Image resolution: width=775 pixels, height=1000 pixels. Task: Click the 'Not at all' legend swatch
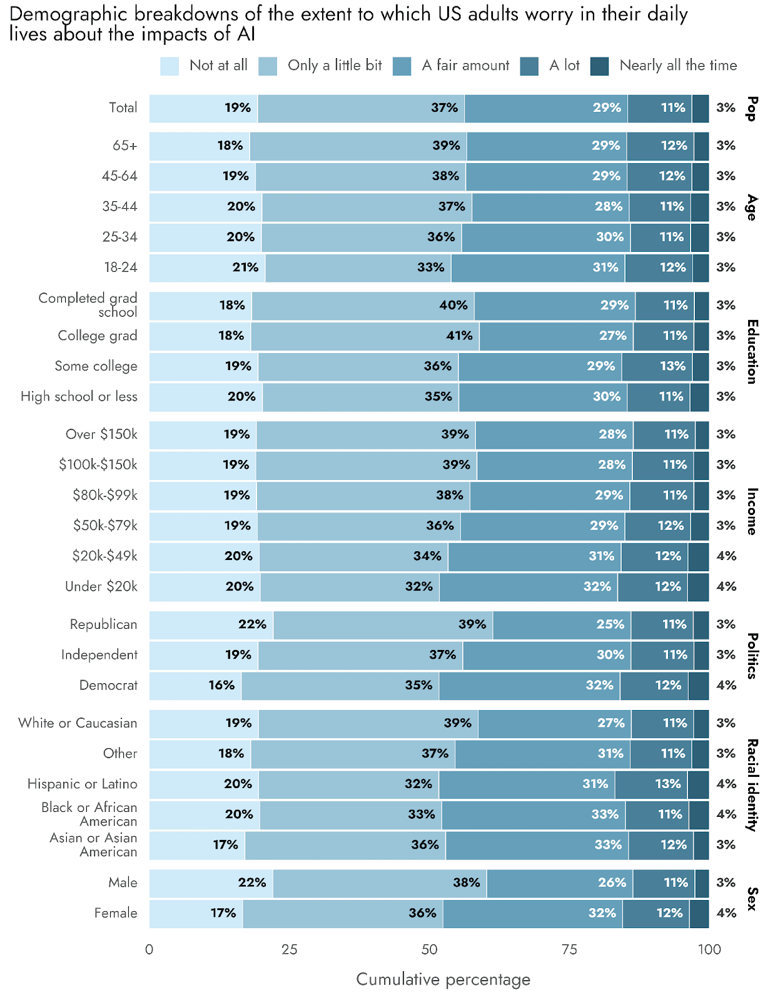click(170, 66)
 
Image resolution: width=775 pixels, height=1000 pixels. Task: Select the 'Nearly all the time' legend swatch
click(599, 66)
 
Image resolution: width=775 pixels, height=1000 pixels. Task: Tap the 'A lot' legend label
click(564, 65)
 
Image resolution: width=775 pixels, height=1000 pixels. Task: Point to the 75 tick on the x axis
click(569, 949)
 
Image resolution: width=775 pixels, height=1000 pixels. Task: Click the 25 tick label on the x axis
click(289, 949)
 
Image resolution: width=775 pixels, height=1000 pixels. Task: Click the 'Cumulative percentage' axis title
click(443, 979)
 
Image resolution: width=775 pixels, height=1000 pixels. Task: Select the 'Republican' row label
click(103, 624)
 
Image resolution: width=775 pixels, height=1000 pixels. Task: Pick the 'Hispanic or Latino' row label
click(82, 784)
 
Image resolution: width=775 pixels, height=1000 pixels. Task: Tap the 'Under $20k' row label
click(101, 586)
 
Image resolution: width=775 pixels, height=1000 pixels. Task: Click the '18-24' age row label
click(121, 267)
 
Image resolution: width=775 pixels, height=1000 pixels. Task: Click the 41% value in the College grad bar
click(459, 336)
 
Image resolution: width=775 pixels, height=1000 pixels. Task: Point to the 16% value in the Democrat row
click(221, 685)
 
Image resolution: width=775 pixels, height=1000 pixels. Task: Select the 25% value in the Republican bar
click(610, 624)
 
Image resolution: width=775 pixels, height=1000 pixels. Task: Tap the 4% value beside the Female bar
click(726, 913)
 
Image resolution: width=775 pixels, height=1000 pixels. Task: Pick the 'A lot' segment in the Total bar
click(659, 108)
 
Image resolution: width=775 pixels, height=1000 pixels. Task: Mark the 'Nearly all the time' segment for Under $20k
click(698, 586)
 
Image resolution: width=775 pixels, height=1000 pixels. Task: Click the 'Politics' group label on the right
click(752, 655)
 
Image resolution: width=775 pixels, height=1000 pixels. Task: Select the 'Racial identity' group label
click(752, 784)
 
